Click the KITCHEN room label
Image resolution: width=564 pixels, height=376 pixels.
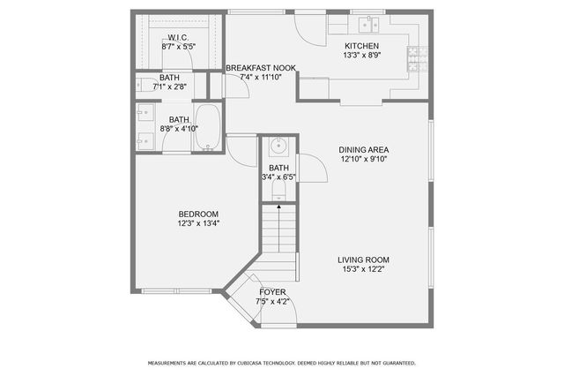click(361, 46)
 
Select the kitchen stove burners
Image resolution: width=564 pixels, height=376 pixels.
click(414, 58)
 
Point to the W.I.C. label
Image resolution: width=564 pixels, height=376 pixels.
click(178, 37)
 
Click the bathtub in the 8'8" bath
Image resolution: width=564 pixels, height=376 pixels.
click(208, 129)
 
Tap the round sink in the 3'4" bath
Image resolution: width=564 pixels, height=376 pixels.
click(278, 147)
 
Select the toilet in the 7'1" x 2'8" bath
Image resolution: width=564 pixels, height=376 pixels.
click(145, 86)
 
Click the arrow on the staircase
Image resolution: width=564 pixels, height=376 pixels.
click(280, 212)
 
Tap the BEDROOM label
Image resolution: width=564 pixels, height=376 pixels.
click(198, 214)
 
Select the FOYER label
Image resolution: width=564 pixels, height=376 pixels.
click(272, 292)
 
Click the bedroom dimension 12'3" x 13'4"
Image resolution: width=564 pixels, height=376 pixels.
click(198, 223)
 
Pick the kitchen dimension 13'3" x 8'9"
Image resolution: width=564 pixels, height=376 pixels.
click(361, 56)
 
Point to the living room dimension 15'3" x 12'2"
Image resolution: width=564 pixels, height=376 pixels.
click(363, 269)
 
